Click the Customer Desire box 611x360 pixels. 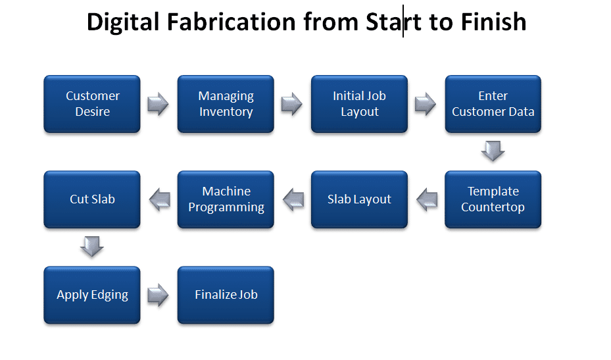click(92, 104)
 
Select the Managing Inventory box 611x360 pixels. click(226, 104)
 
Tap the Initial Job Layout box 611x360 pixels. click(359, 104)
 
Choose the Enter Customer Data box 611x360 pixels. click(493, 104)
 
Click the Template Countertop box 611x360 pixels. click(493, 199)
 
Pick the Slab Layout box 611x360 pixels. click(359, 199)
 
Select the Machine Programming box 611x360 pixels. click(226, 199)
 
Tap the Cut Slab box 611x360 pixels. click(92, 199)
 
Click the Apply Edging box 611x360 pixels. click(92, 295)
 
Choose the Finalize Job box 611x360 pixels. click(226, 295)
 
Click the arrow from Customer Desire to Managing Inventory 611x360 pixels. click(159, 104)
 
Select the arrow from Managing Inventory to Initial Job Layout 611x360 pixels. click(292, 104)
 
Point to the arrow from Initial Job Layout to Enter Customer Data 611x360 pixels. click(426, 104)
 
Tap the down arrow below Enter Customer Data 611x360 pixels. click(493, 151)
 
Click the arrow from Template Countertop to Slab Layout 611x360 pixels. click(427, 199)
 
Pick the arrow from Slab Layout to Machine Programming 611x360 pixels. click(293, 199)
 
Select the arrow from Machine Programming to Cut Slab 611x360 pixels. click(160, 199)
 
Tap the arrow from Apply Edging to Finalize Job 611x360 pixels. click(159, 295)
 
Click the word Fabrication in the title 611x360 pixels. click(232, 22)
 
